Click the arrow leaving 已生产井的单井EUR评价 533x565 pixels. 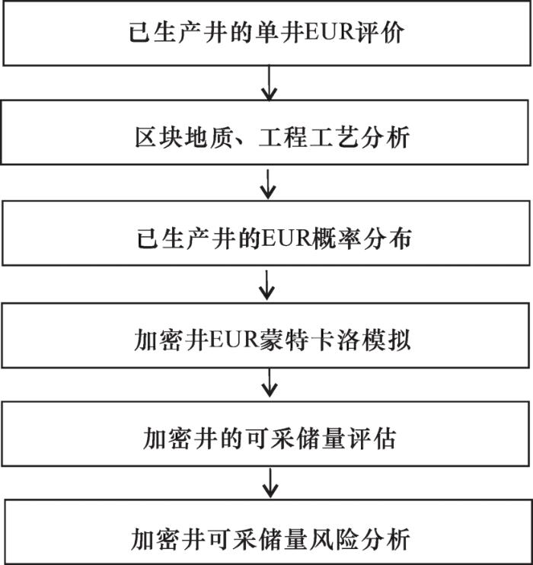(270, 83)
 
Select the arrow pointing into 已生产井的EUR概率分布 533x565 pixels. (268, 184)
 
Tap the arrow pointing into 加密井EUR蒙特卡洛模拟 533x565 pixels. (266, 285)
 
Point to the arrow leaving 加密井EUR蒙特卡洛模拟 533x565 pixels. (270, 383)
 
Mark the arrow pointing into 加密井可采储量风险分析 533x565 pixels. (270, 483)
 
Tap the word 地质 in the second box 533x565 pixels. (209, 137)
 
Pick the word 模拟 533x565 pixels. (386, 340)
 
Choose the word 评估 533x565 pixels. (371, 439)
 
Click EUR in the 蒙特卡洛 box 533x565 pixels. (234, 340)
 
